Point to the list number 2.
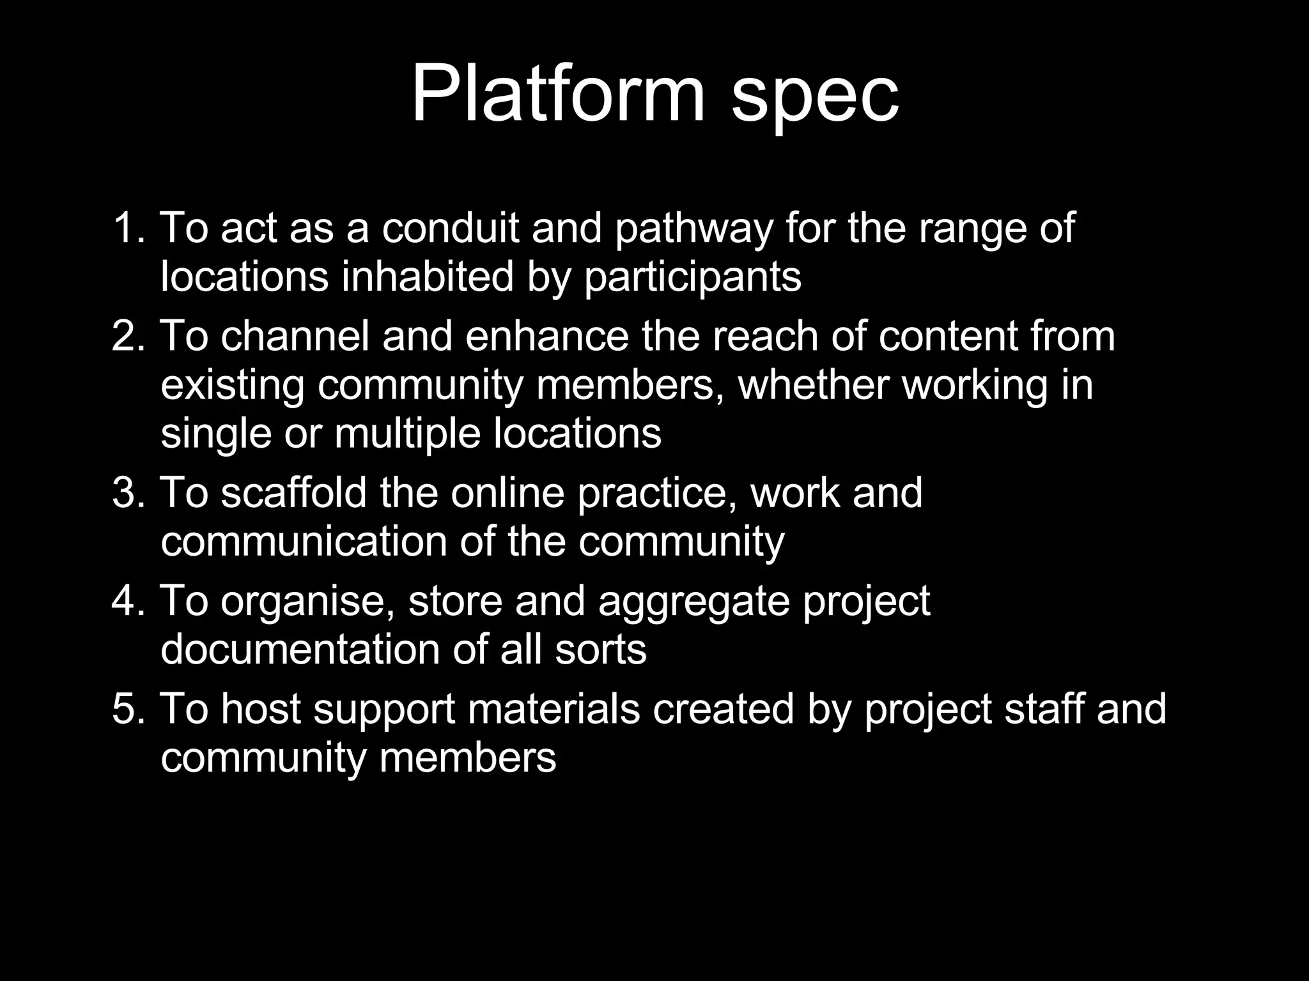(x=128, y=336)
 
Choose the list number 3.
(x=128, y=492)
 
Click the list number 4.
(x=128, y=601)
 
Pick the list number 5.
(x=128, y=709)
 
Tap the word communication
(x=304, y=542)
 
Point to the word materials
(x=554, y=709)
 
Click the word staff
(x=1044, y=709)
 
